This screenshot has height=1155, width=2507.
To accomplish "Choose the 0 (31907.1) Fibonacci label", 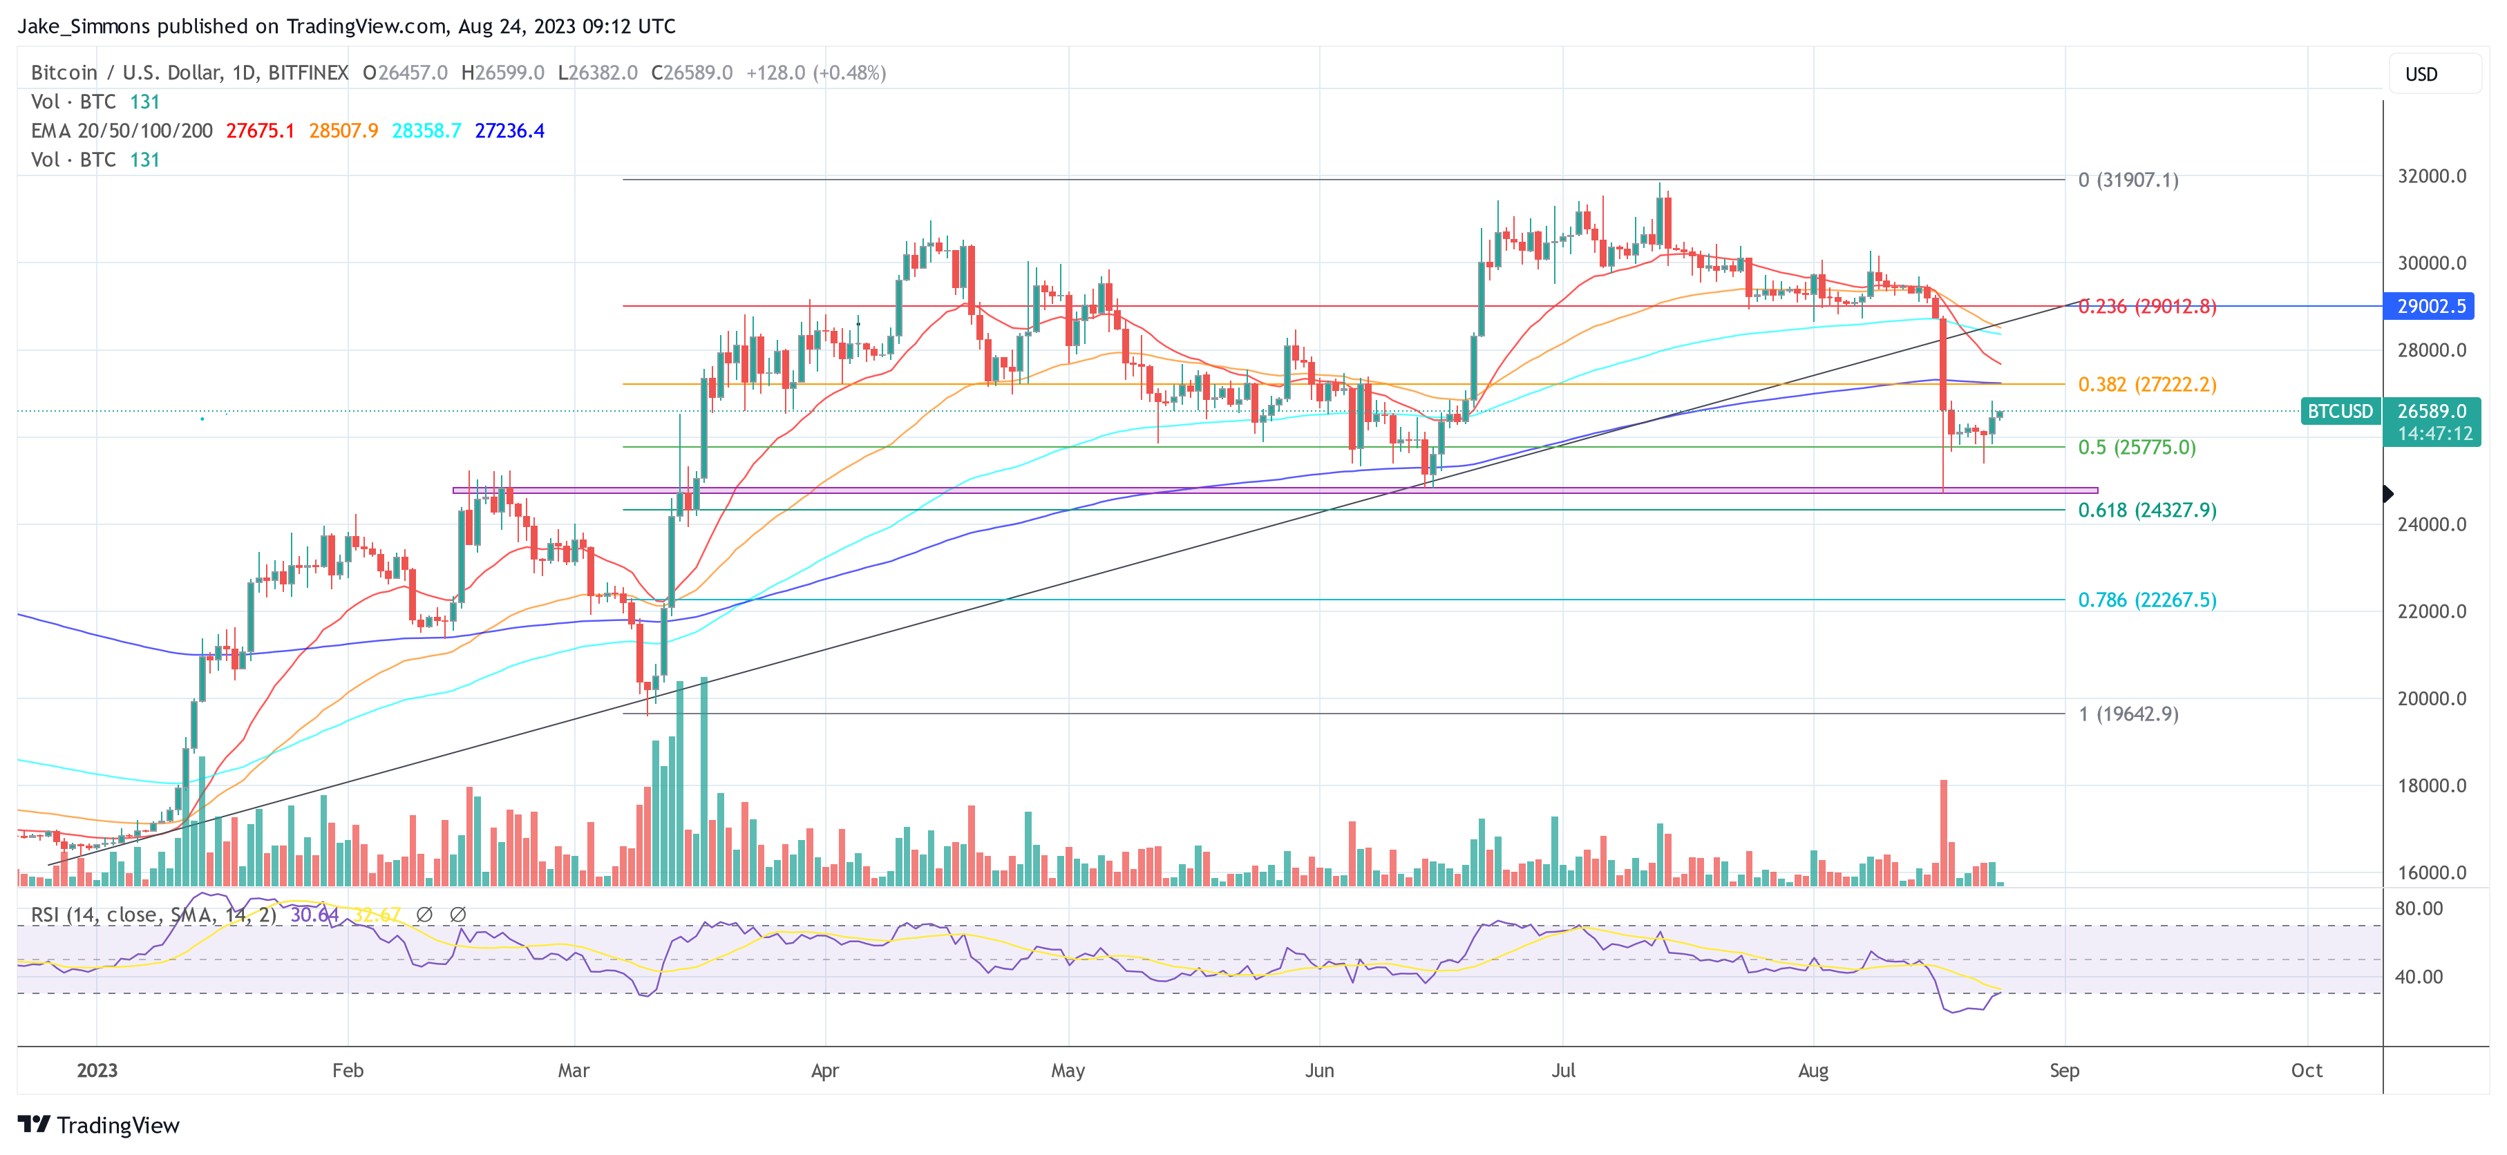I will click(2128, 180).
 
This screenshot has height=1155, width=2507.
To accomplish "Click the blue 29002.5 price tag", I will click(2430, 307).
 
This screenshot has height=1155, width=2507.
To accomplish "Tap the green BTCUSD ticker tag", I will click(2340, 412).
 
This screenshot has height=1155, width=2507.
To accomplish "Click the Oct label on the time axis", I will click(2305, 1070).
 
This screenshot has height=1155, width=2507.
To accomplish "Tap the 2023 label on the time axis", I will click(97, 1070).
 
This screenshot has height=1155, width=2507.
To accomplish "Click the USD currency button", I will click(2421, 75).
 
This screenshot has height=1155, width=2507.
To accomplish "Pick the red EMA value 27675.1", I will click(260, 131).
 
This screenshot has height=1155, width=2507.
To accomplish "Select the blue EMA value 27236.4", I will click(509, 131).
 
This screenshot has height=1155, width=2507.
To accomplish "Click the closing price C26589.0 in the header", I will click(691, 73).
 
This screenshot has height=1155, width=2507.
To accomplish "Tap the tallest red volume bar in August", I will click(1944, 832).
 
